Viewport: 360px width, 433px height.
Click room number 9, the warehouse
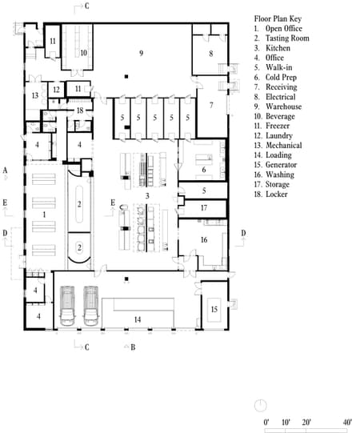(141, 53)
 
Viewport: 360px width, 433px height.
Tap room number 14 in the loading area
(138, 320)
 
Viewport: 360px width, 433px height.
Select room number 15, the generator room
(214, 309)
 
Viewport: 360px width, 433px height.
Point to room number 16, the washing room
(204, 240)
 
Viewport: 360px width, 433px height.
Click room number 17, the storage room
(204, 208)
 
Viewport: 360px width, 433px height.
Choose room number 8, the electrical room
(211, 54)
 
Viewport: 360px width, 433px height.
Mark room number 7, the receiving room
(211, 106)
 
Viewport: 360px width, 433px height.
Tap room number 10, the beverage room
(83, 53)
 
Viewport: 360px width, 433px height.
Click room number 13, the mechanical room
(35, 95)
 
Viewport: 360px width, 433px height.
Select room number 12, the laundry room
(57, 90)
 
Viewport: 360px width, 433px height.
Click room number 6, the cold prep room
(204, 170)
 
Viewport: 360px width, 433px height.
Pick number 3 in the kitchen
(146, 196)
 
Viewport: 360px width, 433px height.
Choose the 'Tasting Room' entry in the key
(286, 38)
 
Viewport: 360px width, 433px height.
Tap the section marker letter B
(133, 347)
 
